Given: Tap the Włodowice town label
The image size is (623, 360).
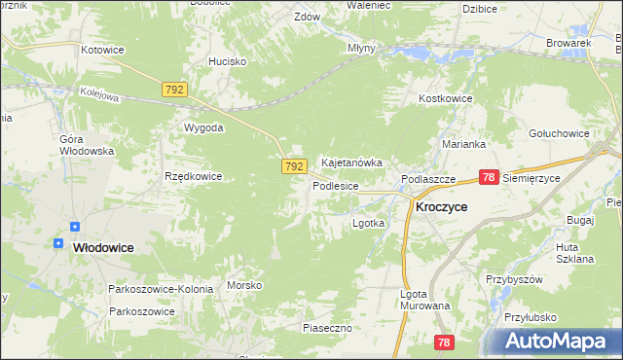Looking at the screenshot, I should coord(103,248).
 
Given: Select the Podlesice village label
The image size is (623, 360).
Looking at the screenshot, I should coord(336,185).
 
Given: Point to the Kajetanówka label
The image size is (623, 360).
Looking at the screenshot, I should coord(351,162).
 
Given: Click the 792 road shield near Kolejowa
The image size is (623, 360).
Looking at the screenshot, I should coord(175,90).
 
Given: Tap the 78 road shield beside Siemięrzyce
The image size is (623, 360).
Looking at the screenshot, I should coord(489,177).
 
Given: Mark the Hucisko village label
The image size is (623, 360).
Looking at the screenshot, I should coord(227,60).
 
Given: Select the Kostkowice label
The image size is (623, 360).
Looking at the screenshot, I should coord(445,99).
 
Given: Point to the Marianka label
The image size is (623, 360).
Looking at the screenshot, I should coord(462,143).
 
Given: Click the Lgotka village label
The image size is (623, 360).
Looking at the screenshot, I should coord(368,223).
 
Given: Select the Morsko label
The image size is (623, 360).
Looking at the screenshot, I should coord(244,285).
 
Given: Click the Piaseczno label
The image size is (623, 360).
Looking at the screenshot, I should coord(326,328).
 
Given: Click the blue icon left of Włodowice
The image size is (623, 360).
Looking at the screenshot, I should coord(59,242).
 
